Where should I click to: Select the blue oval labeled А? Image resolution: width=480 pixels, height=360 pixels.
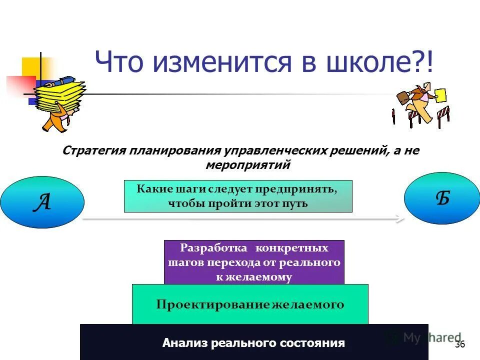click(42, 202)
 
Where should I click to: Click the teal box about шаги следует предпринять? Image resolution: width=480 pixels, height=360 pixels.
click(238, 196)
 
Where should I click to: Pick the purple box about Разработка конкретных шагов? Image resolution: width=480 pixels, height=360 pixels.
click(254, 262)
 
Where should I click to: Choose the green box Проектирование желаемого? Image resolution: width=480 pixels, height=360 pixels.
click(250, 304)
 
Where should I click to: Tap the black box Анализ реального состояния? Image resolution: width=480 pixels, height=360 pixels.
click(253, 342)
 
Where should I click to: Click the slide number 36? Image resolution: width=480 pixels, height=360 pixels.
click(460, 344)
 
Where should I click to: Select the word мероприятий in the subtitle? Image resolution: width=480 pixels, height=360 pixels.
click(240, 164)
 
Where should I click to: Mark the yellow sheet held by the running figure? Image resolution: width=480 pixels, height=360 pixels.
click(440, 96)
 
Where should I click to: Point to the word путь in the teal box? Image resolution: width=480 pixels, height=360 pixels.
click(295, 203)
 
